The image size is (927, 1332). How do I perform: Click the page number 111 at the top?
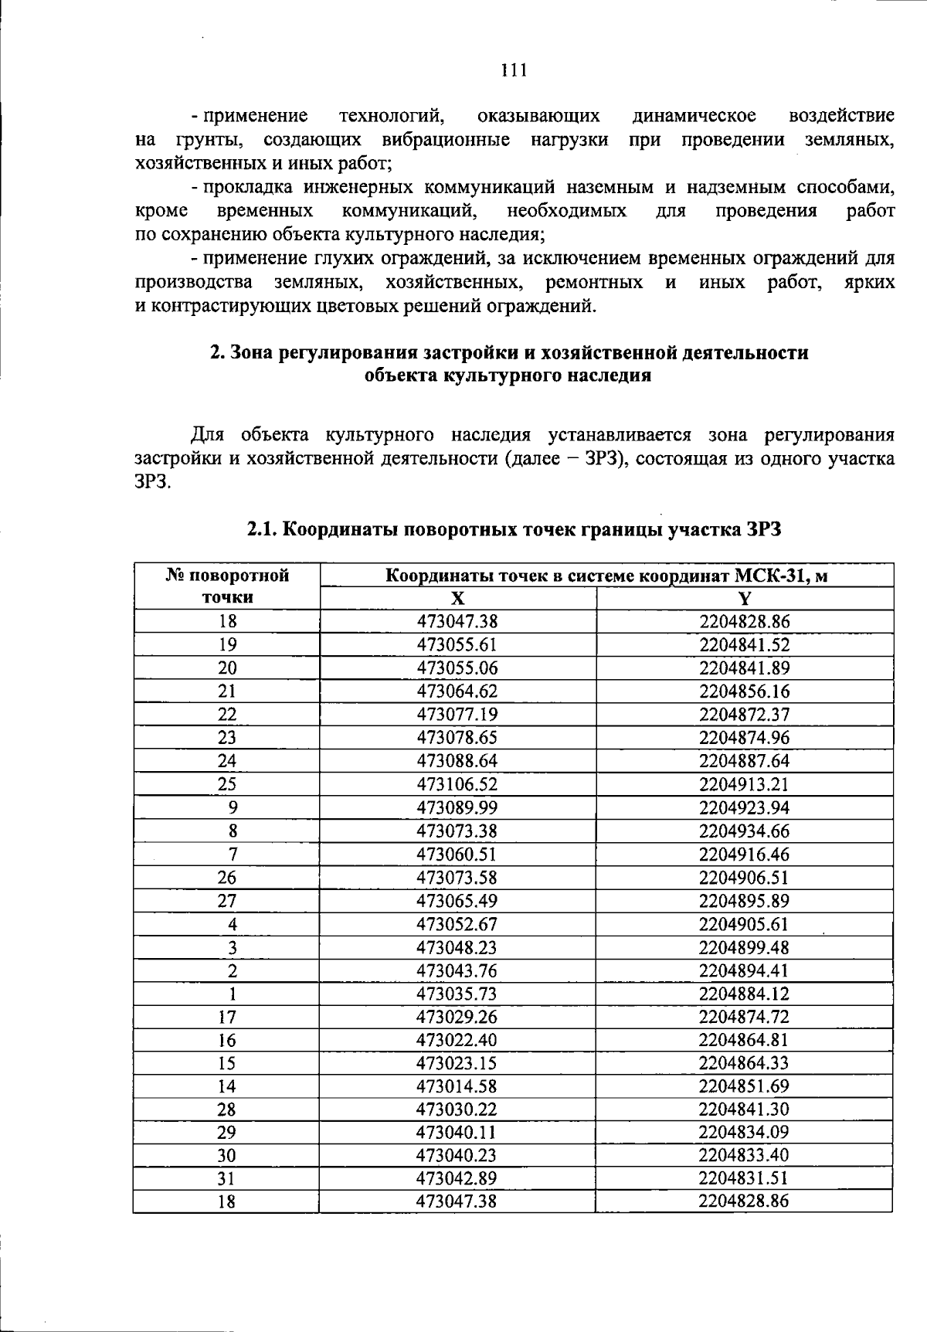[513, 70]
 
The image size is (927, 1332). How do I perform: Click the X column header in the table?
[457, 599]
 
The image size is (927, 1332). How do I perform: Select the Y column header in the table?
[745, 599]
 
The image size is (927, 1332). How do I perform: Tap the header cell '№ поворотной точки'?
[227, 586]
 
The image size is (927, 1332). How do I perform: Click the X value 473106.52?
[457, 785]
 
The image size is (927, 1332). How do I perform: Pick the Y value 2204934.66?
[745, 831]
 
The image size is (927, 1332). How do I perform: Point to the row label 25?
[227, 785]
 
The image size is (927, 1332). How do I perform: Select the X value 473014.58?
[457, 1086]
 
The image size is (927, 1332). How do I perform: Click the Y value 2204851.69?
[745, 1086]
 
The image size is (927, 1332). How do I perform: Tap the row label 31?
[227, 1179]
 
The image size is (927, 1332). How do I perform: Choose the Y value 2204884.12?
[745, 994]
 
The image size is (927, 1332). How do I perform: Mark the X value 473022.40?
[457, 1040]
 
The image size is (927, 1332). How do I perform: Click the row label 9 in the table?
[233, 808]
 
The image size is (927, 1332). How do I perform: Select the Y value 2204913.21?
[745, 785]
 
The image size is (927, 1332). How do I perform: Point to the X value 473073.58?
[457, 878]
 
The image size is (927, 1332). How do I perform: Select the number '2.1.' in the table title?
[263, 530]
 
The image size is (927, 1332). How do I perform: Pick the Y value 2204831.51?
[745, 1179]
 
